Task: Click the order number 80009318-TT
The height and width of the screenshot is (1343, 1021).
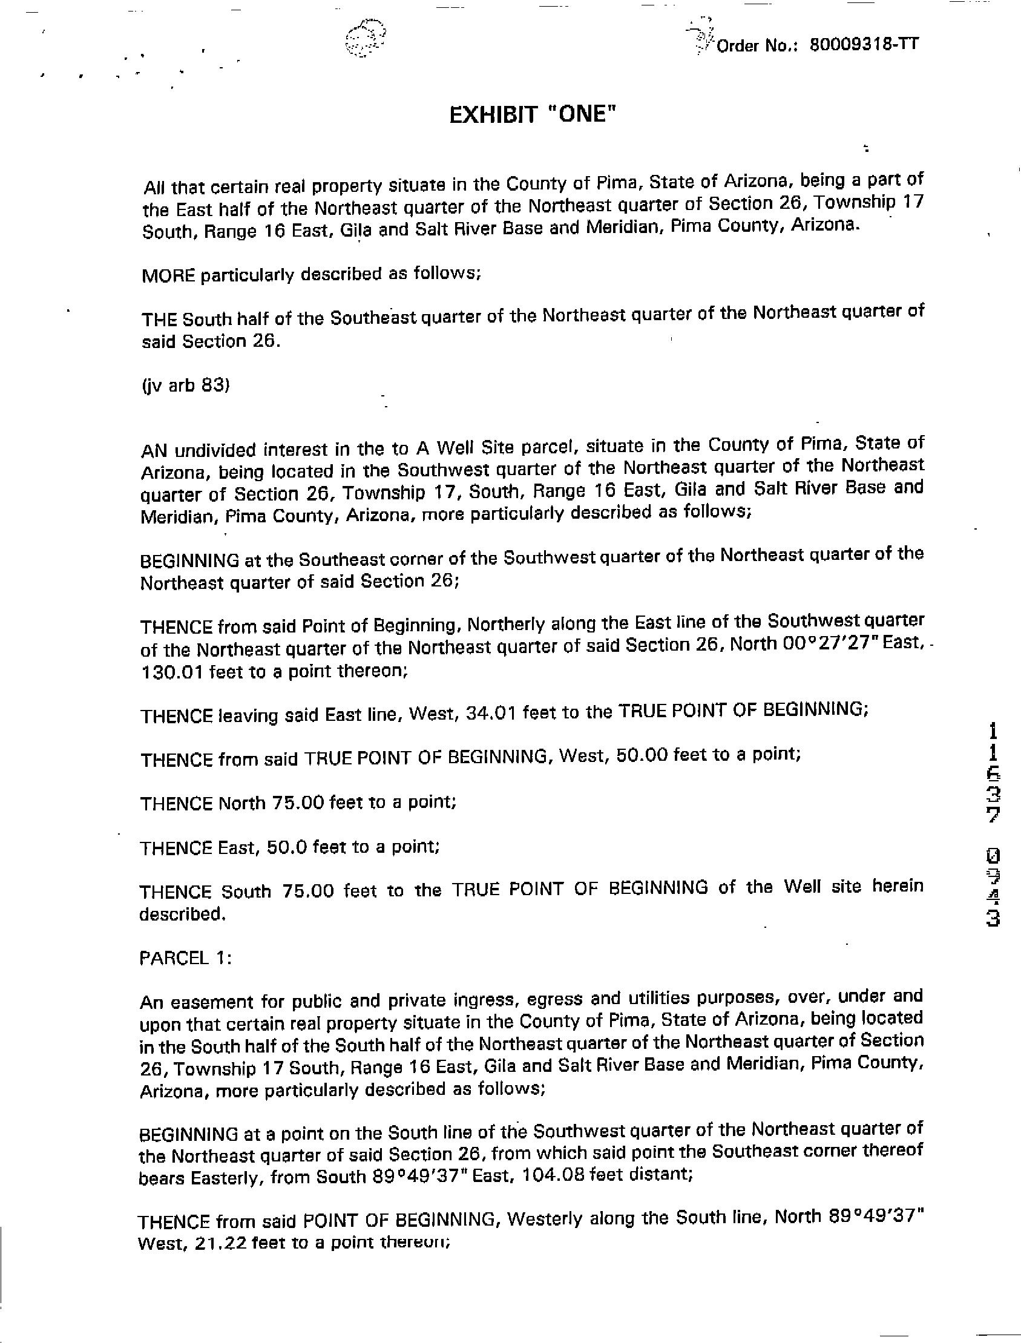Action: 864,45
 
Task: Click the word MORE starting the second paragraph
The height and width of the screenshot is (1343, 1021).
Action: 168,275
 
